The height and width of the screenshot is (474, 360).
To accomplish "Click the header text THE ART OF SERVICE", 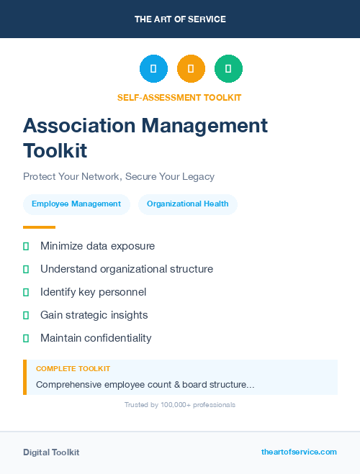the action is (x=180, y=19).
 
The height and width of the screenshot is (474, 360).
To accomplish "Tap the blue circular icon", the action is (x=153, y=68).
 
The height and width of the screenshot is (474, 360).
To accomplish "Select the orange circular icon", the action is (x=191, y=68).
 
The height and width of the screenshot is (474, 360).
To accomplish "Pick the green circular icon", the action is (x=228, y=68).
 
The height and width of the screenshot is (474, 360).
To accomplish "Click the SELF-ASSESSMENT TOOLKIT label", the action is (x=179, y=97).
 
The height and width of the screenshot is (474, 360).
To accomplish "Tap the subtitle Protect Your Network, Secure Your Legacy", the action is (x=119, y=176).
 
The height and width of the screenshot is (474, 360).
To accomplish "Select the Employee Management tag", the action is (x=76, y=204).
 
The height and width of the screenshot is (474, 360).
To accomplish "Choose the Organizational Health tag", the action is (x=187, y=204).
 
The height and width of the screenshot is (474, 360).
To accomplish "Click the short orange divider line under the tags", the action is (x=39, y=227).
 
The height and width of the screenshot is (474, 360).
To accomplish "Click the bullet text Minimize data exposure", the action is (x=97, y=246).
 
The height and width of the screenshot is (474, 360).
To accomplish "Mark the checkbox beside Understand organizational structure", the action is (x=26, y=269).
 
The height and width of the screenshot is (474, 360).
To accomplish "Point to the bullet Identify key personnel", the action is (x=93, y=292).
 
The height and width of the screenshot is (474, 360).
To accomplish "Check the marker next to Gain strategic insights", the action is (x=26, y=315).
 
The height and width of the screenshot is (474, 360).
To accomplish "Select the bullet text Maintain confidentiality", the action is (x=96, y=338).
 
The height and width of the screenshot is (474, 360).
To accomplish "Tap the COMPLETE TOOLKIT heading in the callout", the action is (x=73, y=368).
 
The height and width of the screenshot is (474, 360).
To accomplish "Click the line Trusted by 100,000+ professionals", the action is (x=180, y=405).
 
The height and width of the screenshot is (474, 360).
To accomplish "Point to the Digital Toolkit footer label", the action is (x=51, y=452).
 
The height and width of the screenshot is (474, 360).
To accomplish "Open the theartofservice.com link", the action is (x=299, y=452).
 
